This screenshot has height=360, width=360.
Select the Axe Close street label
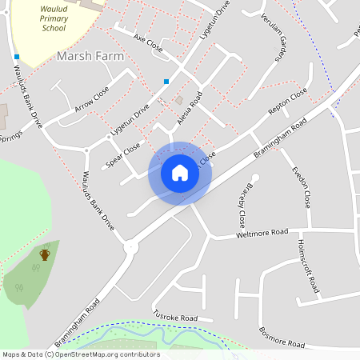tap(148, 43)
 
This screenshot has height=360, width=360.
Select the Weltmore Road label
tap(262, 233)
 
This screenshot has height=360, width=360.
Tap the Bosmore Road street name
tap(282, 337)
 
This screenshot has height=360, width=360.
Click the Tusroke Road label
tap(174, 317)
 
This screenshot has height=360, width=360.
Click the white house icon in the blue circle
tap(180, 173)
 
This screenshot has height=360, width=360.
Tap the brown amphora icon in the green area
tap(45, 254)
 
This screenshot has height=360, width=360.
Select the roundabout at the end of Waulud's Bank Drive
tap(130, 248)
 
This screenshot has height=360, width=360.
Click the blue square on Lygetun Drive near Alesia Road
tap(166, 81)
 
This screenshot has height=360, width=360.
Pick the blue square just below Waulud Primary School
tap(16, 56)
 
